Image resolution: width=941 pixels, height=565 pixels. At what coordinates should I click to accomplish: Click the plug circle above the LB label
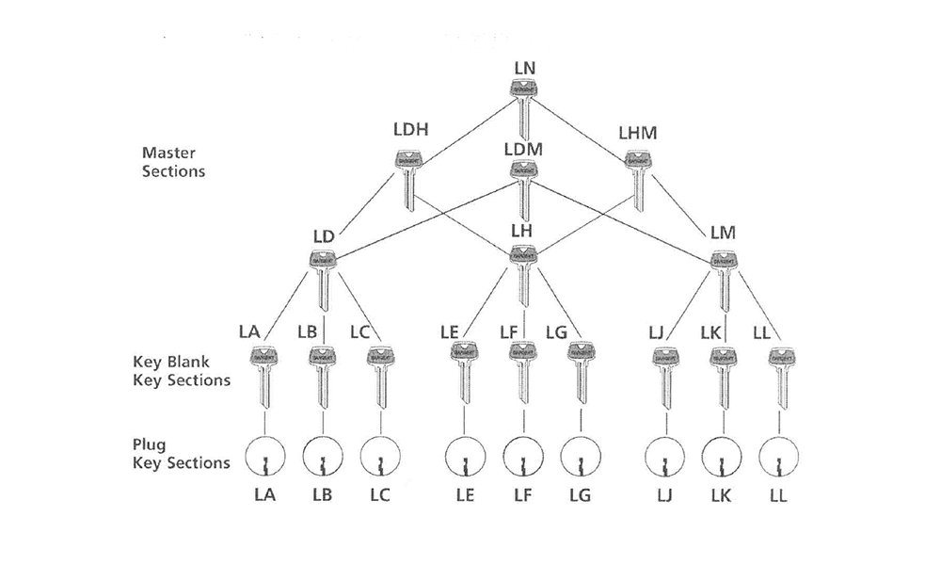323,459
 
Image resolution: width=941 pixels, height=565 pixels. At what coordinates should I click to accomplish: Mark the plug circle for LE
463,459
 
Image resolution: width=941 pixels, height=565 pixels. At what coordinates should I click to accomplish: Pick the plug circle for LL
779,459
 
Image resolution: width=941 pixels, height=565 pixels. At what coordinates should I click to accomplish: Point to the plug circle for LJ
664,459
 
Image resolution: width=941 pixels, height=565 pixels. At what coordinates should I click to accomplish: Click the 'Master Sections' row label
173,161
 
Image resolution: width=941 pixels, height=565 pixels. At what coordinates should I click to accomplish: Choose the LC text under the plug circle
379,496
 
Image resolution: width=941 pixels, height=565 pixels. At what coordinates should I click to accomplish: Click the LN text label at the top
525,68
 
